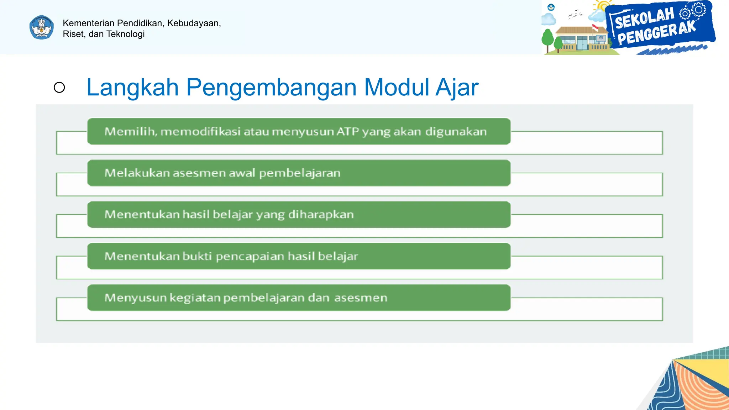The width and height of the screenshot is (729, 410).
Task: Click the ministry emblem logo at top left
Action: click(x=42, y=27)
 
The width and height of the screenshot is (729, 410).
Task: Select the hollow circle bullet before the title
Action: click(x=59, y=88)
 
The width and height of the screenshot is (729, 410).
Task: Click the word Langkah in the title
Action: click(x=132, y=88)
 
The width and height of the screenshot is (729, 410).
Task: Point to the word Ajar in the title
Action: click(x=457, y=88)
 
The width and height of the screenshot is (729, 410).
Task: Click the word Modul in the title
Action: click(x=397, y=88)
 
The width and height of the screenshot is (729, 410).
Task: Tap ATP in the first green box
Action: click(x=348, y=132)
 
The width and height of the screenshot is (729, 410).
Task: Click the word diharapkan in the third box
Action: click(x=321, y=215)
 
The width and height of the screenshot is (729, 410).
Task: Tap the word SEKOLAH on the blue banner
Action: click(x=644, y=18)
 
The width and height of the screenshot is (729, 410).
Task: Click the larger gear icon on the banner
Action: click(x=699, y=9)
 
